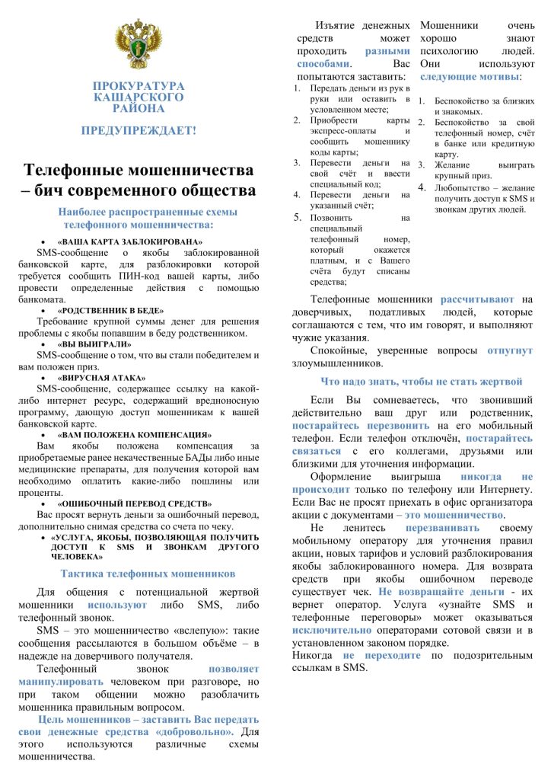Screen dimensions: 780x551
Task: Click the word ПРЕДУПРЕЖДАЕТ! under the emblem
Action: click(x=139, y=130)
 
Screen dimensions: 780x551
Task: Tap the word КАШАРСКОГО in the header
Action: click(x=139, y=97)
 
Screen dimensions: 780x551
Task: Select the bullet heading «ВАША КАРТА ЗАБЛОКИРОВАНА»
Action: click(x=132, y=242)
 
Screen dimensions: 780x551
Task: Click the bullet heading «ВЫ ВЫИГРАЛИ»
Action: click(x=94, y=344)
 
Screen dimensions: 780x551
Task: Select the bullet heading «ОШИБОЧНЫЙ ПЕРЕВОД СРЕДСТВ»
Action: click(x=135, y=503)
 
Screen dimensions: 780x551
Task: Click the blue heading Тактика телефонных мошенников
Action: click(x=148, y=574)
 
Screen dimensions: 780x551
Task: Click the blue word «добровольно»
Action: click(x=195, y=731)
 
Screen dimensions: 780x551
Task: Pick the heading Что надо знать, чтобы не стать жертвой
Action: click(x=421, y=382)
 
